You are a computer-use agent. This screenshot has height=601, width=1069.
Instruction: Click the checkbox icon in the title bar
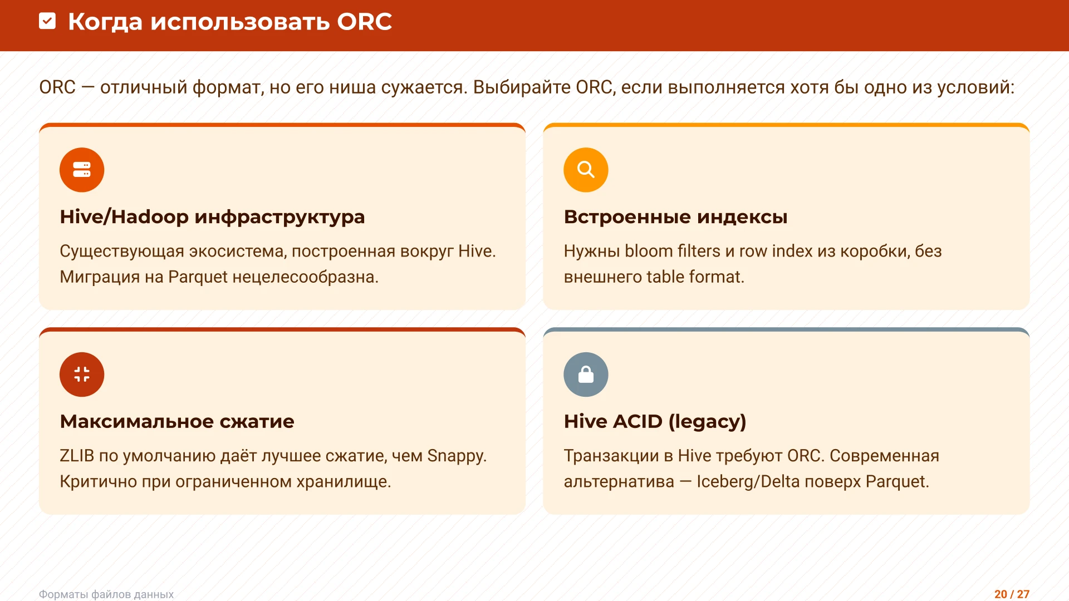[47, 21]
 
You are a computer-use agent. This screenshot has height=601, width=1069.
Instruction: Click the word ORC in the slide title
[364, 22]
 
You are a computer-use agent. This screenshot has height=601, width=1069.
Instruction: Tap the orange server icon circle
[82, 170]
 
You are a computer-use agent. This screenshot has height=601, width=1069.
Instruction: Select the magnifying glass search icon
[586, 170]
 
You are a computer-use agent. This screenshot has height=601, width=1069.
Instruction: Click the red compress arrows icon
[82, 375]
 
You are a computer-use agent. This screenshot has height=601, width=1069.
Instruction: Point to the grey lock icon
[586, 375]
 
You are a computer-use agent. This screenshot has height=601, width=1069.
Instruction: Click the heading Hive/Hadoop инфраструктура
[212, 216]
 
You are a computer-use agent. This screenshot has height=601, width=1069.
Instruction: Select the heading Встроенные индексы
[675, 216]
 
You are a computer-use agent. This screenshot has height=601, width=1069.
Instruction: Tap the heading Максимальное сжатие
[176, 421]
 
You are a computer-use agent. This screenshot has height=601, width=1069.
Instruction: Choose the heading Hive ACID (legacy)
[655, 421]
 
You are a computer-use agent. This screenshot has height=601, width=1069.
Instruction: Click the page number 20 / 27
[1012, 594]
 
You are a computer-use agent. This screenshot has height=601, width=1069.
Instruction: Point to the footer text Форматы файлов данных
[106, 594]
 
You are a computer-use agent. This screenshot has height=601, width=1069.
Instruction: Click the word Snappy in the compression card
[456, 456]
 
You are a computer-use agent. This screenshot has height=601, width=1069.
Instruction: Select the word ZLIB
[77, 456]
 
